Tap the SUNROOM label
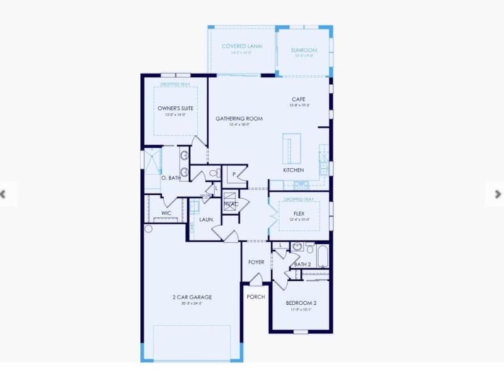coord(304,50)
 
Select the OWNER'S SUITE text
coord(175,108)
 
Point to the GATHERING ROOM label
coord(239,119)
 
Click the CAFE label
coord(300,99)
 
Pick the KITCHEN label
coord(293,170)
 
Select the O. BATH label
coord(170,178)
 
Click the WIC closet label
coord(166,213)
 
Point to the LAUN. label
coord(206,219)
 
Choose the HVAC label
coord(231,204)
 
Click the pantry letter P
coord(235,174)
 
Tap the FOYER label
coord(256,262)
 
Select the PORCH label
coord(256,297)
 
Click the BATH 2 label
coord(302,265)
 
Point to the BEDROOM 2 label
coord(301,303)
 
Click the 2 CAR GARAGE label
coord(191,297)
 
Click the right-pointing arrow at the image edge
coord(498,194)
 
